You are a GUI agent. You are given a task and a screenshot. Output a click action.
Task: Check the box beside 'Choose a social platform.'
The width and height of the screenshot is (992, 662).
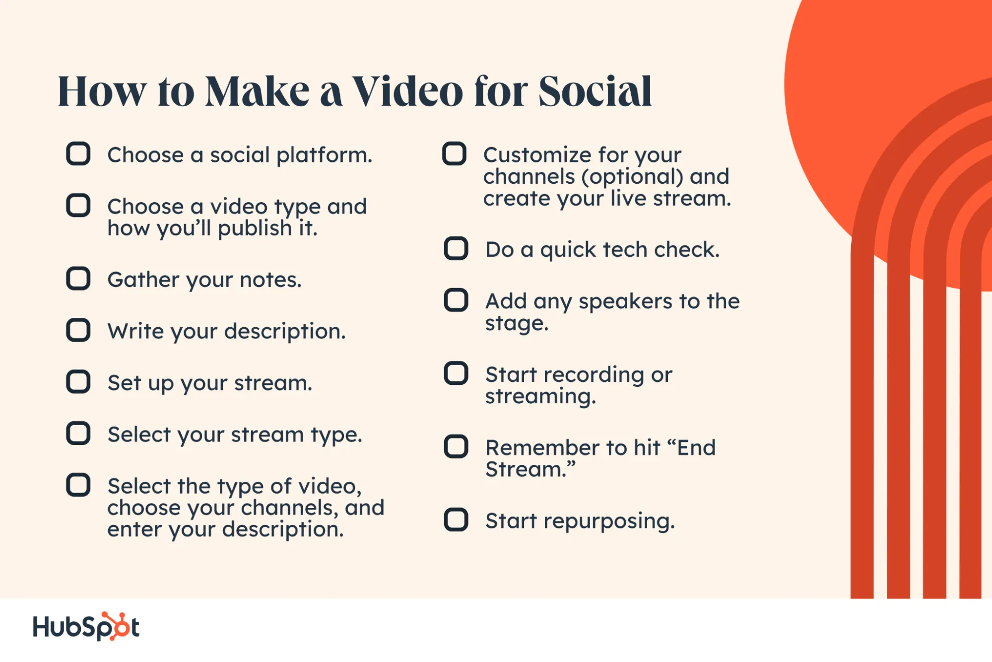(78, 153)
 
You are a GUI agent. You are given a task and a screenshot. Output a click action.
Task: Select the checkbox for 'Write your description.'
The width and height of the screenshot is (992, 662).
(78, 330)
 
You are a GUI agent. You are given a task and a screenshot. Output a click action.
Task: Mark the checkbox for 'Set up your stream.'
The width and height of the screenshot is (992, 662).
(78, 381)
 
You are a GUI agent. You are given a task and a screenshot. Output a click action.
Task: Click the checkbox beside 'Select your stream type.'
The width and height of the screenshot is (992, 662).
(78, 433)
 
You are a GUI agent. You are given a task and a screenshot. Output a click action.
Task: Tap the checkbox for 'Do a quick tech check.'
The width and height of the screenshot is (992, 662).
(456, 248)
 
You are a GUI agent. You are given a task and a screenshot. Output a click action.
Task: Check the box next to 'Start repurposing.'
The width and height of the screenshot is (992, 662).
(456, 519)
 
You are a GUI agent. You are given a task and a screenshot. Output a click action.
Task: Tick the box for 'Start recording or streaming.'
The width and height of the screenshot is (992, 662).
(456, 373)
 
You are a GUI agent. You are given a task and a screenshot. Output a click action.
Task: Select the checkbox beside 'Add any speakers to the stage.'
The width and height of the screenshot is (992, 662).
(456, 300)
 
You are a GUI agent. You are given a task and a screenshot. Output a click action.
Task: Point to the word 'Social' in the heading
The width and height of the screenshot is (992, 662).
(595, 91)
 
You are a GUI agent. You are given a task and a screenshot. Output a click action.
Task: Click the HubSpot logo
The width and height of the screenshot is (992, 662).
(86, 626)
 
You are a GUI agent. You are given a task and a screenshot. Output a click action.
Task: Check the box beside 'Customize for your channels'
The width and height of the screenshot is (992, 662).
(454, 153)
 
